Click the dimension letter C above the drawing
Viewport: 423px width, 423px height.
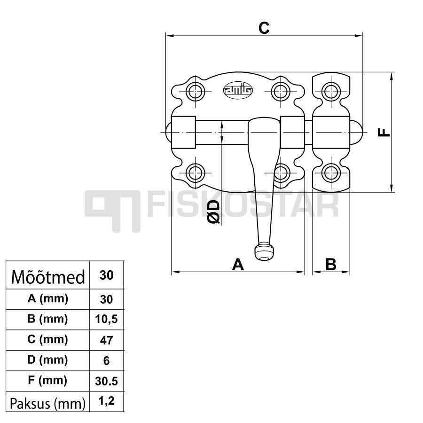click(264, 28)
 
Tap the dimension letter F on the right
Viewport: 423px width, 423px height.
click(384, 132)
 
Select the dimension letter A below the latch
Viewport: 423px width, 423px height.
click(238, 264)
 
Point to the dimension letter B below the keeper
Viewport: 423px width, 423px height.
click(331, 264)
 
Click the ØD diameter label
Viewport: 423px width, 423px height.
click(214, 212)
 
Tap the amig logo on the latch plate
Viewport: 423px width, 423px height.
click(238, 90)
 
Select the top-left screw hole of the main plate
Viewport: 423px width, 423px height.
click(195, 92)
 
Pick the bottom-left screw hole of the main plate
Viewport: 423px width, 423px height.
click(195, 172)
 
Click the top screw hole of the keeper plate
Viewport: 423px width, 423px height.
click(331, 92)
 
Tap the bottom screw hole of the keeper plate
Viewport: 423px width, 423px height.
click(331, 172)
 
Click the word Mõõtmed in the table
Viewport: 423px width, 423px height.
click(48, 277)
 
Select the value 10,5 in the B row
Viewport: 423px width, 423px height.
click(106, 319)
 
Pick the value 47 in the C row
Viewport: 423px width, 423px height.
click(106, 340)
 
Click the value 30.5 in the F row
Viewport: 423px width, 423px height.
click(106, 381)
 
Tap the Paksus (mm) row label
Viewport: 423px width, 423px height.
click(47, 404)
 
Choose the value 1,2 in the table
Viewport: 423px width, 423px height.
click(106, 401)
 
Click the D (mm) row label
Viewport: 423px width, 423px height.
click(47, 360)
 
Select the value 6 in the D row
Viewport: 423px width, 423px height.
click(106, 360)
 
